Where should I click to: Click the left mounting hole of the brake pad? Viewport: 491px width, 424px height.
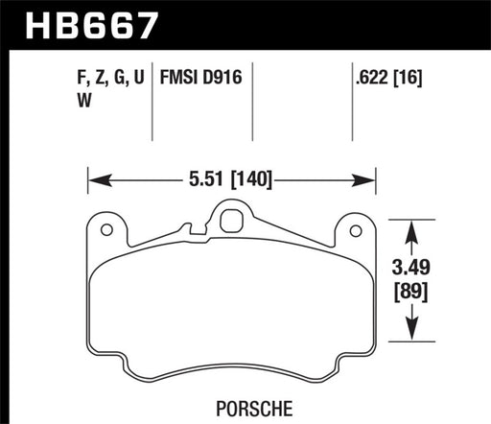[107, 229]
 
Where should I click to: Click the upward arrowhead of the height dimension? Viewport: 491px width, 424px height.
[411, 228]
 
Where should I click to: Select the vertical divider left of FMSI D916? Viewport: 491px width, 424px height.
[154, 107]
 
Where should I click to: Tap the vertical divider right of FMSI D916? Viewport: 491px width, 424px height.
[251, 107]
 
